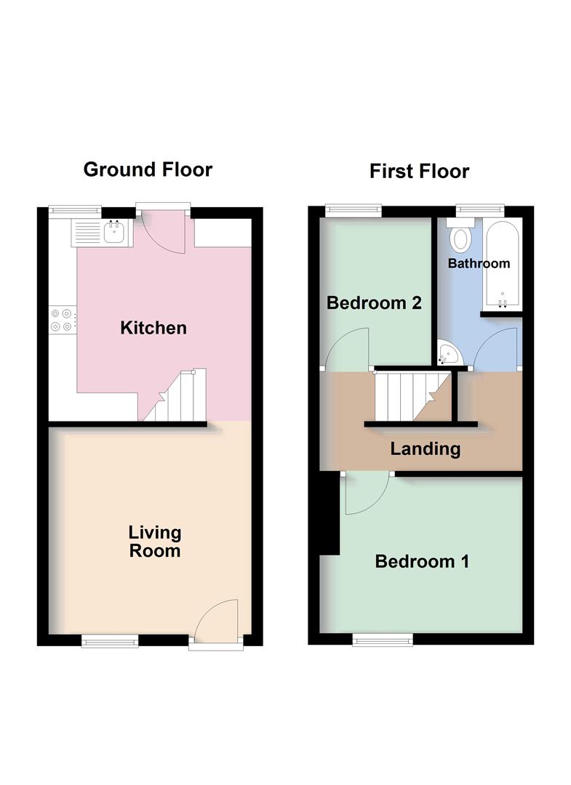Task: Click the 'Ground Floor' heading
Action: pos(148,169)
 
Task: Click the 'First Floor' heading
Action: pos(419,171)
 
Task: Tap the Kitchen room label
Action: pos(153,328)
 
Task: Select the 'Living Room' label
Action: pos(155,542)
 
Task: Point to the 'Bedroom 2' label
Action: pos(374,302)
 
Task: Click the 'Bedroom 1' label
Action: pos(422,561)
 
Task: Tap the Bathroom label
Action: pos(479,263)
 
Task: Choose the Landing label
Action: pos(426,448)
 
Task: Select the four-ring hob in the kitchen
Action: pos(62,320)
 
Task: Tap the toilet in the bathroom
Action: pos(460,237)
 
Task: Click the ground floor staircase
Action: pos(177,398)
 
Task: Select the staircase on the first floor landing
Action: pos(412,395)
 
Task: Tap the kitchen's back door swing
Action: pos(156,232)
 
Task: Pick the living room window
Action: pos(109,640)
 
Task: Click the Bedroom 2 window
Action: pos(353,210)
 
